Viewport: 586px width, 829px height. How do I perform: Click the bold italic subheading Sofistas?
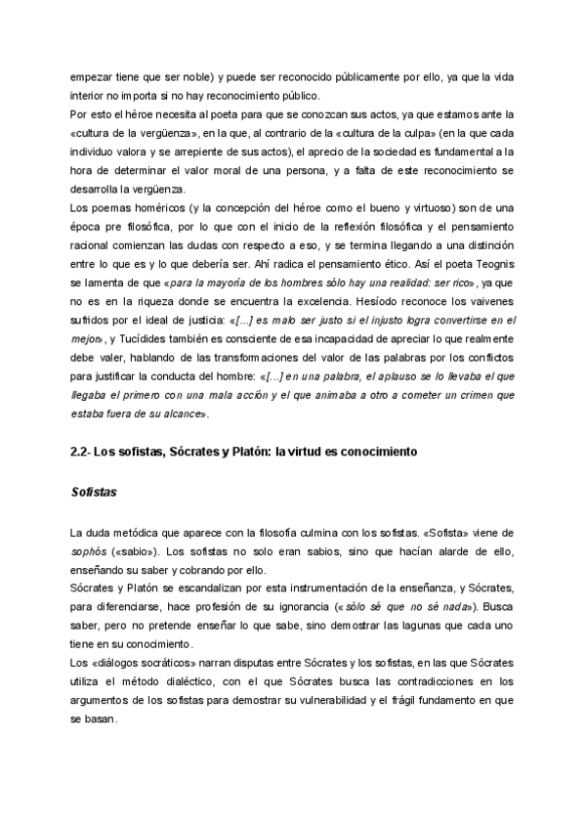[94, 492]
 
